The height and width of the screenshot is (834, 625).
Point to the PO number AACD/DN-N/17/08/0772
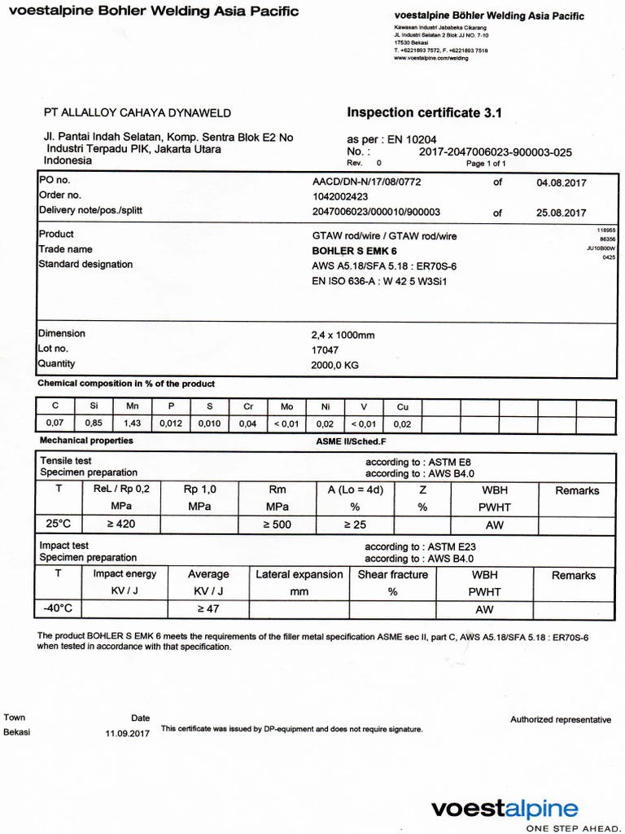[366, 182]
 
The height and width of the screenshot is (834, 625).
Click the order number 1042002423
[340, 197]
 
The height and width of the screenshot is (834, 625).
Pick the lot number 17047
[326, 349]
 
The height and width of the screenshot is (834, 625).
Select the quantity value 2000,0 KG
[335, 365]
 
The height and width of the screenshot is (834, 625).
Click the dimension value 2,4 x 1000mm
[343, 335]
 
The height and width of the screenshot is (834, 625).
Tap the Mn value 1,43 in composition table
[132, 424]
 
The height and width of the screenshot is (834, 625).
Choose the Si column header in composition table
[94, 406]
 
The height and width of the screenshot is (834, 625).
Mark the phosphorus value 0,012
[171, 424]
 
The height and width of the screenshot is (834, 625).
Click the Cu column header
[402, 406]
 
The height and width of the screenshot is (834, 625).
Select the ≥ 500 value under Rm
[277, 525]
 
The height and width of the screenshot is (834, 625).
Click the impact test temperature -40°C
[58, 608]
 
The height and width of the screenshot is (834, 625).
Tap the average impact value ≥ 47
[208, 608]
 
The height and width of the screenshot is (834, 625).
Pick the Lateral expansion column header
[299, 575]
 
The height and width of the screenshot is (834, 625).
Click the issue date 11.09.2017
[128, 733]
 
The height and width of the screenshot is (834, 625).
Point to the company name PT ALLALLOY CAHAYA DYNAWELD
[137, 113]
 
